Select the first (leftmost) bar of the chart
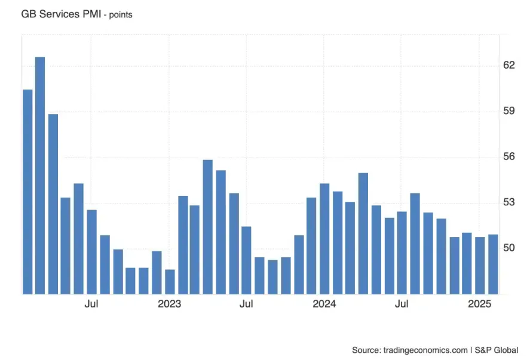(27, 191)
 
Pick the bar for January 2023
(170, 281)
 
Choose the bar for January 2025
(480, 265)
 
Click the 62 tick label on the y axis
(508, 65)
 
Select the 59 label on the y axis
(508, 111)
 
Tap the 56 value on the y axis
(508, 156)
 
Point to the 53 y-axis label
(508, 202)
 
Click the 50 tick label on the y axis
(508, 248)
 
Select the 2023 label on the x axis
(170, 304)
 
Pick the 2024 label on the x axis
(324, 304)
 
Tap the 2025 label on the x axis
(480, 304)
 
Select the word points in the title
(118, 14)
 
